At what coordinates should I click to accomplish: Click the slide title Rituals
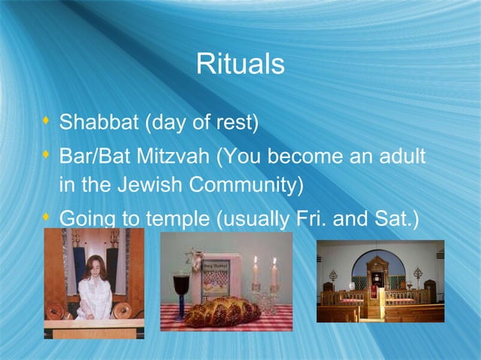(x=240, y=65)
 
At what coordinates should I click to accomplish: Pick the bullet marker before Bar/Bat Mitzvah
(x=47, y=155)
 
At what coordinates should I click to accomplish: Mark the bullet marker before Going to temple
(x=47, y=218)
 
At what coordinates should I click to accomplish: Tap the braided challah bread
(x=222, y=310)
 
